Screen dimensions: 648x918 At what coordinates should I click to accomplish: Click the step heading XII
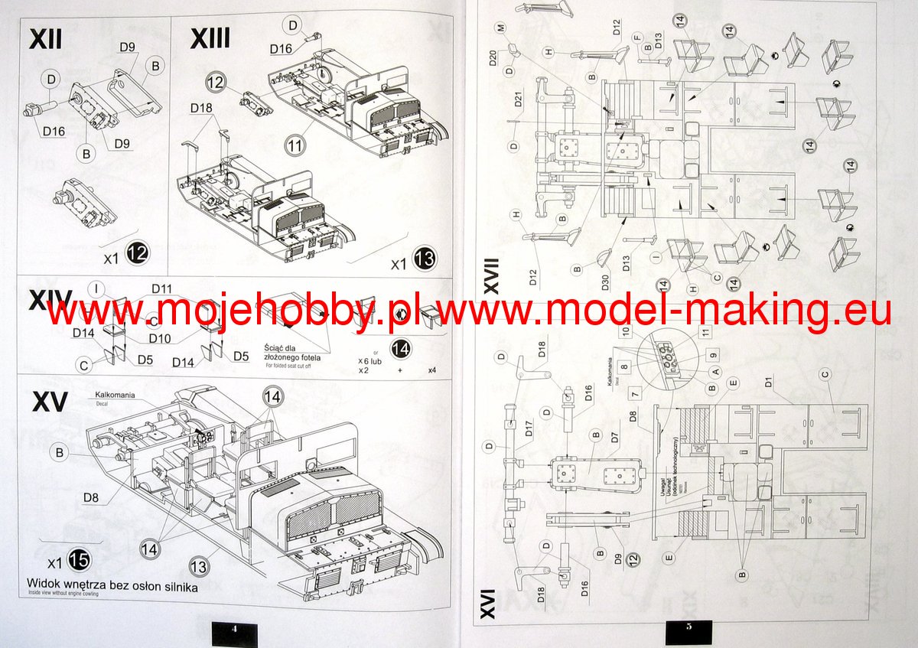(46, 37)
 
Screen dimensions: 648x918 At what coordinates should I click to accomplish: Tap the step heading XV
(50, 402)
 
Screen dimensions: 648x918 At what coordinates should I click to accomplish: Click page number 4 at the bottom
(235, 629)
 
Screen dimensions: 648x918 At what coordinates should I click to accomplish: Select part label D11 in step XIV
(161, 288)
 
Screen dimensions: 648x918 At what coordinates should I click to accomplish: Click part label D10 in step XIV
(159, 338)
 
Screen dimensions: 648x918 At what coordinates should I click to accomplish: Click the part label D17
(529, 435)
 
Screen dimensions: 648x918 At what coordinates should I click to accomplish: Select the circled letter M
(501, 28)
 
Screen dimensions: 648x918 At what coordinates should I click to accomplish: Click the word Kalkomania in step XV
(115, 395)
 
